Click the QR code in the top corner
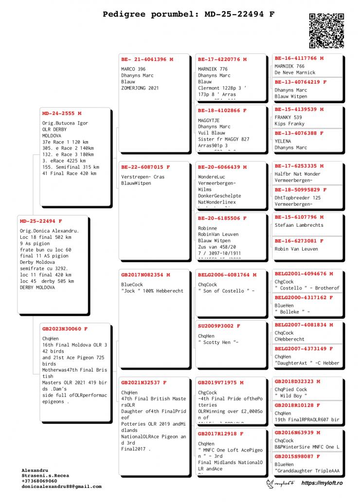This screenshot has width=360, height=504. tap(326, 31)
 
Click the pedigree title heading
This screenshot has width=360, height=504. tap(188, 14)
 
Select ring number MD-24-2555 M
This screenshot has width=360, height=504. tap(62, 113)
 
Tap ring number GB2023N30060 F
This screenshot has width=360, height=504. tap(65, 329)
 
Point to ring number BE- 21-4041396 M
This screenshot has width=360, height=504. tap(147, 59)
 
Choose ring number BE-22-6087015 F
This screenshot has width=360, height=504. tap(145, 167)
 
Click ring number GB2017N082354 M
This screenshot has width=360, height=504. tap(145, 275)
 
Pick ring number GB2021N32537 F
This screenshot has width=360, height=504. tap(144, 382)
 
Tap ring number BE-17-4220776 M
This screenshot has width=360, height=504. tap(222, 59)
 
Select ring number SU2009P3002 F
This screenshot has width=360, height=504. tap(219, 326)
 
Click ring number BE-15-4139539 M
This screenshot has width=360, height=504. tap(299, 109)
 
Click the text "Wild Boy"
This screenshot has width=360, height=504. tap(291, 396)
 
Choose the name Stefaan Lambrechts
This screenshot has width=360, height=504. tap(299, 225)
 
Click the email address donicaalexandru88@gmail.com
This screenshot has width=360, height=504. tap(61, 486)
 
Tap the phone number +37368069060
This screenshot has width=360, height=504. tap(39, 481)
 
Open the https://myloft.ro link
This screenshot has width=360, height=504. tap(322, 483)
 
